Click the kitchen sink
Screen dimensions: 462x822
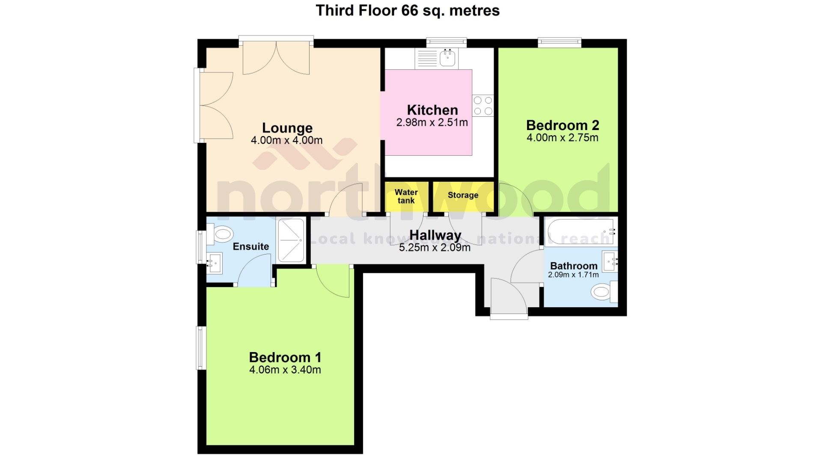click(x=448, y=58)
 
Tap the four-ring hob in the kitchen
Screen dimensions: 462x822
click(x=483, y=106)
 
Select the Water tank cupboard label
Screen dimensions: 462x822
click(x=406, y=196)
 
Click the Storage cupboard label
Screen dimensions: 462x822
click(x=463, y=195)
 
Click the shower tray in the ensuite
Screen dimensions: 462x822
click(x=291, y=240)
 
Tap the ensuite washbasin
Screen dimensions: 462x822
click(x=214, y=262)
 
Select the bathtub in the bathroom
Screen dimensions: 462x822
click(x=581, y=232)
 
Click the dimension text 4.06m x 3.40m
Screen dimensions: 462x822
click(x=285, y=370)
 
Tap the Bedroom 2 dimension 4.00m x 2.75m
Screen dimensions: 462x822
click(x=562, y=138)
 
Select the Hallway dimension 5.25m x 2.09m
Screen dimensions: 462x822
click(x=435, y=247)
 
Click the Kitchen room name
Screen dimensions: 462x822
click(x=432, y=110)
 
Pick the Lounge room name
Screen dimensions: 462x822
click(x=287, y=128)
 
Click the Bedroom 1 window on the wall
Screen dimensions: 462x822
click(x=200, y=348)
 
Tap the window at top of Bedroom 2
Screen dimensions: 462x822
click(x=560, y=42)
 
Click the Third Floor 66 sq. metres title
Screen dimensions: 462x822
click(x=408, y=10)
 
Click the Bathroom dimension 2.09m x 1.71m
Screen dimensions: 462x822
click(x=573, y=275)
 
